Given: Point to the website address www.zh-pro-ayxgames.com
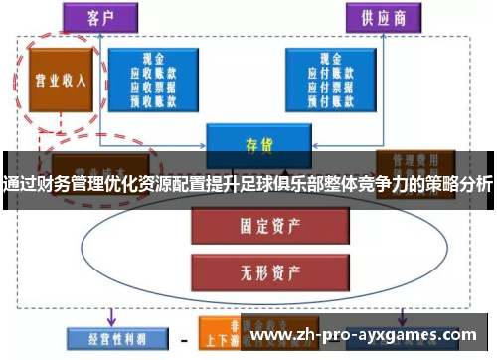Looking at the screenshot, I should (x=368, y=338).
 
